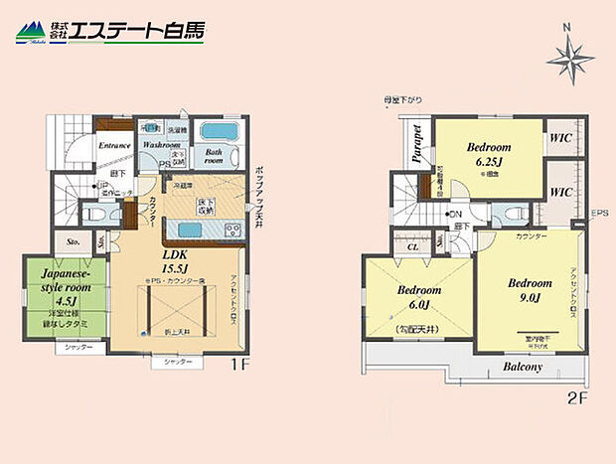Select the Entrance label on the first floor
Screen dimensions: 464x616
115,146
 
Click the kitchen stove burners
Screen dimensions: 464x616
233,231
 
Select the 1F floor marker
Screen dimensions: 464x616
238,365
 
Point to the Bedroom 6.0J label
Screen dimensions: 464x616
419,297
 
